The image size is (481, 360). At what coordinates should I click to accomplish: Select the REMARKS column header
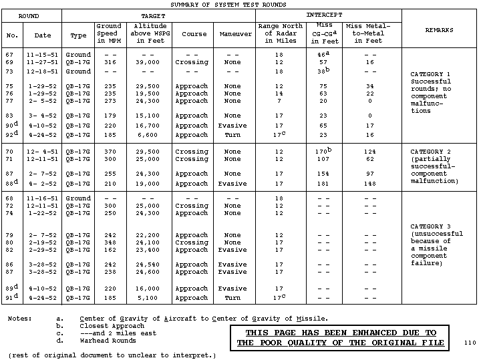point(439,30)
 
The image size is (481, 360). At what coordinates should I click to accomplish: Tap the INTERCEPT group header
point(324,14)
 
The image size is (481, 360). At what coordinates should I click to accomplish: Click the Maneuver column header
point(232,34)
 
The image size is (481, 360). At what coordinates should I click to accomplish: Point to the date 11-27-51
point(43,61)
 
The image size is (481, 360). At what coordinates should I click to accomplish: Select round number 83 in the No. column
point(11,116)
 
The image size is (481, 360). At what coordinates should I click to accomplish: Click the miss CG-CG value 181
point(324,184)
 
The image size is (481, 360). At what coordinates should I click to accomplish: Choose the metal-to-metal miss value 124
point(365,152)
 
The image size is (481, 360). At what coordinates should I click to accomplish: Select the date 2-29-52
point(43,250)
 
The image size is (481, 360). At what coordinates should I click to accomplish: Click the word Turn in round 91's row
point(232,297)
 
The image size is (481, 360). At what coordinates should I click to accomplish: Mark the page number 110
point(470,343)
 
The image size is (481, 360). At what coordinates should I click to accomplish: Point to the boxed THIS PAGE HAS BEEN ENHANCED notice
point(340,337)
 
